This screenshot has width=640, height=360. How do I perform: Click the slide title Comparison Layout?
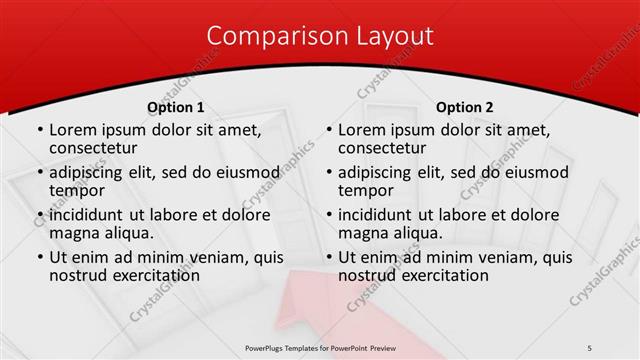tap(320, 36)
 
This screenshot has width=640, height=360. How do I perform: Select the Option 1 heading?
tap(176, 107)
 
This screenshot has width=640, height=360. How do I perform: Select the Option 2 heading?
tap(465, 107)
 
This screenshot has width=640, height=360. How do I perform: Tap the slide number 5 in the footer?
tap(590, 347)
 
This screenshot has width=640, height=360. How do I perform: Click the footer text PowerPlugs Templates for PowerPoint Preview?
tap(320, 347)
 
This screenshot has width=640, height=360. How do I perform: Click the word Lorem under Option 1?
tap(75, 130)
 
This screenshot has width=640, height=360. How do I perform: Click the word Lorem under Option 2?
tap(364, 130)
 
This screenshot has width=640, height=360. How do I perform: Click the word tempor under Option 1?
tap(77, 190)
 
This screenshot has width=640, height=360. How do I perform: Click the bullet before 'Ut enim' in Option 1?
tap(39, 258)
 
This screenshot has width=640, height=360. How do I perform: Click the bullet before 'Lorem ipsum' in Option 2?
tap(328, 131)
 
